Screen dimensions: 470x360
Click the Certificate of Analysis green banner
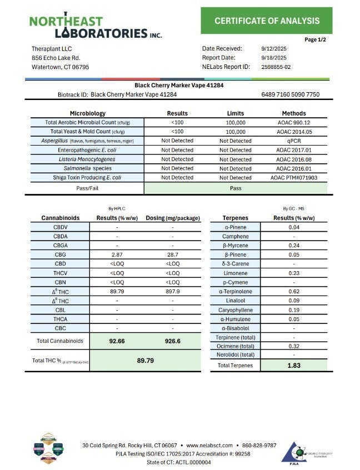tap(267, 21)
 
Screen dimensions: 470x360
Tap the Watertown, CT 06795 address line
tap(60, 67)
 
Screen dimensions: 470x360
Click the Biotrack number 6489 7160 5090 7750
tap(290, 95)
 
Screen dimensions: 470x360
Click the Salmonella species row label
tap(84, 168)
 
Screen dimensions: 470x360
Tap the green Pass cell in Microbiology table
tap(236, 188)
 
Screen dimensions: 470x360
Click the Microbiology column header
tap(88, 113)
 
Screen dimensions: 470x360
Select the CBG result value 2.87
tap(117, 254)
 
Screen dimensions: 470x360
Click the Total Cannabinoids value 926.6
tap(173, 341)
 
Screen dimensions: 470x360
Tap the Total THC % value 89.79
tap(145, 361)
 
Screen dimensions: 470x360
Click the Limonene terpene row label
tap(239, 272)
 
